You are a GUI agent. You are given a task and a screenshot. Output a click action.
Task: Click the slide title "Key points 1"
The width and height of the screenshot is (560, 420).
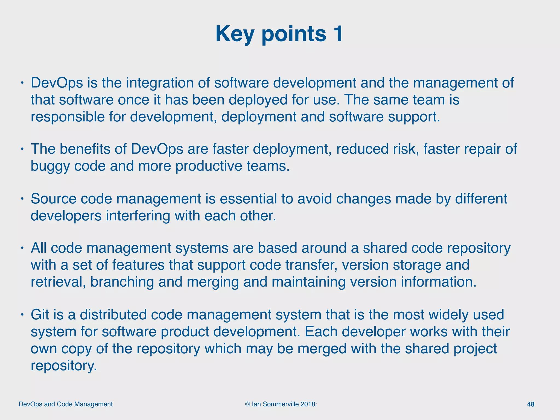[x=279, y=34]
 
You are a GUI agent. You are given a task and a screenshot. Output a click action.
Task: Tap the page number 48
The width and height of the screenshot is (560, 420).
[x=530, y=404]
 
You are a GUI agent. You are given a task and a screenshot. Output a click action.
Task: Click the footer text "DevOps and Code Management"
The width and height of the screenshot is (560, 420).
[x=66, y=404]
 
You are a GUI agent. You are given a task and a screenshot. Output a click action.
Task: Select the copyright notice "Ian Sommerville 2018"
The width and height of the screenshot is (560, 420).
[x=281, y=404]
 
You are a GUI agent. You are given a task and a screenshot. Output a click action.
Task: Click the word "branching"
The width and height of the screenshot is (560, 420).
[x=122, y=282]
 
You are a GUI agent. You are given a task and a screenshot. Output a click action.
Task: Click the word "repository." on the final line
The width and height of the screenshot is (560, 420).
[x=64, y=365]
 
